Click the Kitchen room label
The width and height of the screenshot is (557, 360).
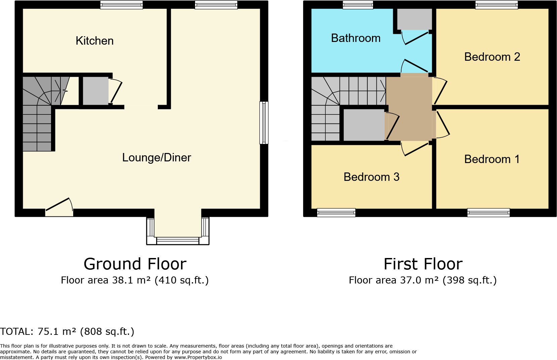point(95,41)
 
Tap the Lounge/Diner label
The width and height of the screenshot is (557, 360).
point(156,158)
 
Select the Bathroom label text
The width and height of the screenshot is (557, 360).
point(356,38)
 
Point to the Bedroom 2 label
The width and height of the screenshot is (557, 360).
point(492,57)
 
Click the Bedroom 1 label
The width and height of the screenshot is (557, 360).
point(492,159)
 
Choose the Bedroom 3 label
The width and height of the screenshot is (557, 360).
point(371,177)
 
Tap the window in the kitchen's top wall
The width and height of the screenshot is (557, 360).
point(122,5)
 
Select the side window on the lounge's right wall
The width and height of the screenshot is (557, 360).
point(264,123)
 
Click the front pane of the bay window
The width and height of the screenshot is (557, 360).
point(178,240)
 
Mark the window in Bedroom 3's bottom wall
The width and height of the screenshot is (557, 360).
point(336,212)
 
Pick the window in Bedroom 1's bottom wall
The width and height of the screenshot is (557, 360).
point(489,212)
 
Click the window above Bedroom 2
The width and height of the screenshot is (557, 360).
point(497,5)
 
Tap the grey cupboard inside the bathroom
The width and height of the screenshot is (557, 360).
point(414,19)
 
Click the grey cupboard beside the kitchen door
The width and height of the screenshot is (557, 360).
point(95,91)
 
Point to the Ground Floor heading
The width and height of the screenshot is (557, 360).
point(135,264)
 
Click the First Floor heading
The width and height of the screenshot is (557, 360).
point(423,264)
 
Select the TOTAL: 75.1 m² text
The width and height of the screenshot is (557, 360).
point(67,331)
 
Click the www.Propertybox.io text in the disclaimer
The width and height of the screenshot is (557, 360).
point(198,357)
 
